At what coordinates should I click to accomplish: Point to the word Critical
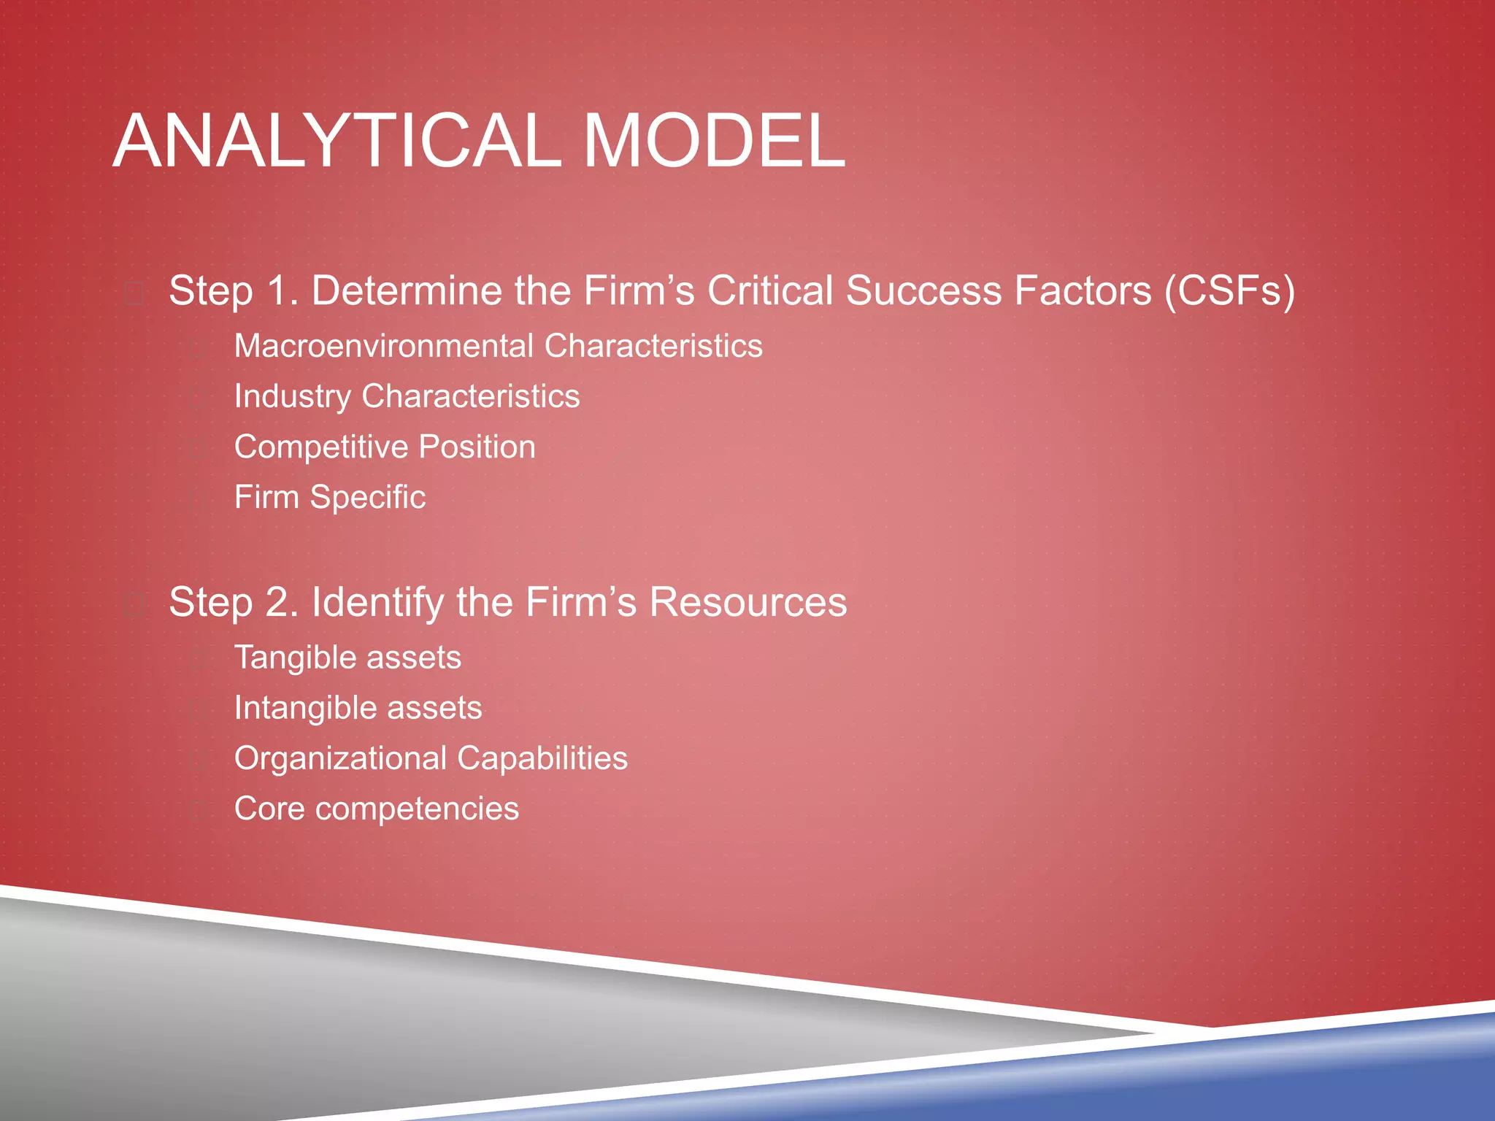click(769, 290)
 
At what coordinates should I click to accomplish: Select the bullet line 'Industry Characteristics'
click(407, 396)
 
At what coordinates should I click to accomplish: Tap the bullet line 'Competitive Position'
click(385, 447)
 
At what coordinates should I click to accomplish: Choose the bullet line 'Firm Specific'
click(329, 497)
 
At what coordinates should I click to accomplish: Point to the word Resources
click(747, 602)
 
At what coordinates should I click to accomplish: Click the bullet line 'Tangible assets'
click(347, 658)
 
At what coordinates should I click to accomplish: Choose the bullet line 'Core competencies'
click(376, 809)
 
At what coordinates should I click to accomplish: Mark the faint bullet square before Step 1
click(134, 294)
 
